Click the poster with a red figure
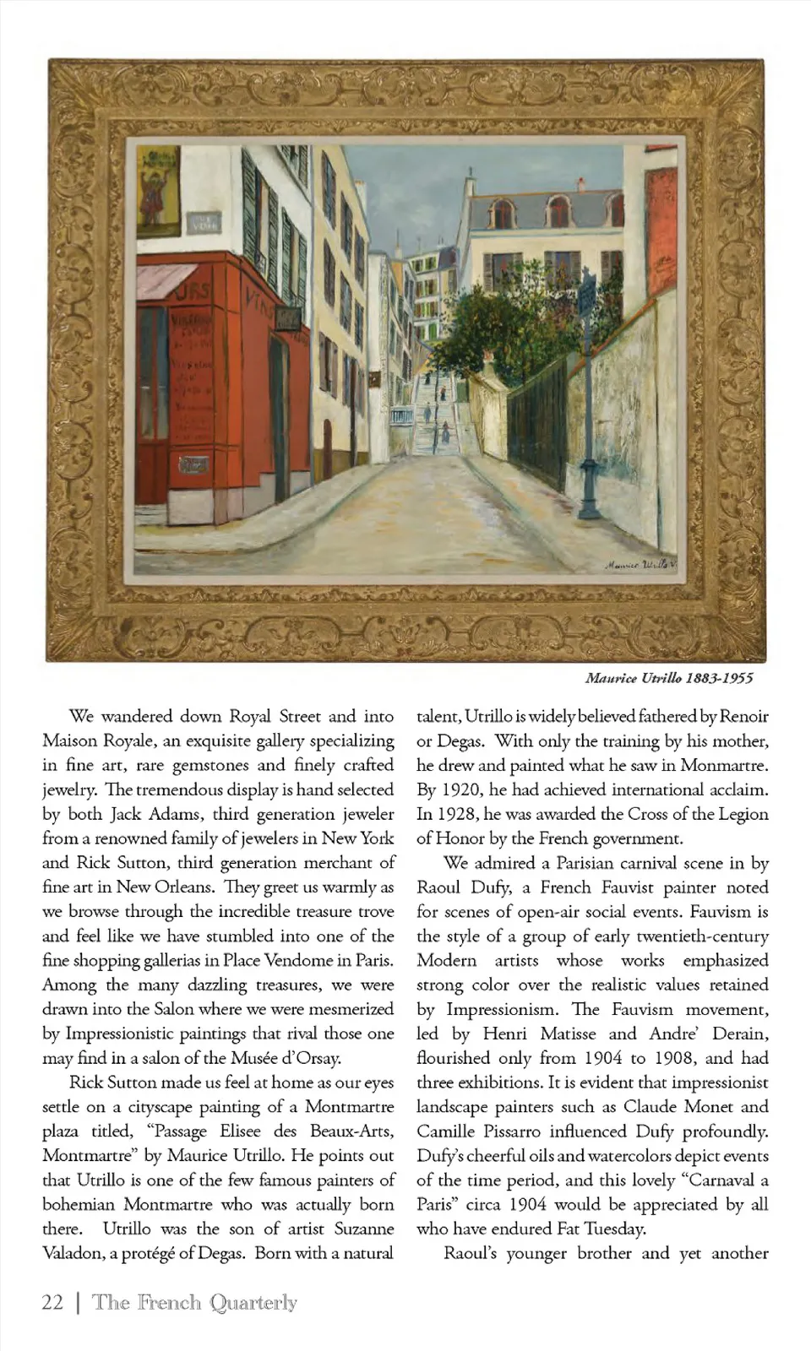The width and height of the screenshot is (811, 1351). (158, 190)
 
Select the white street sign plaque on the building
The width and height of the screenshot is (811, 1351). (204, 223)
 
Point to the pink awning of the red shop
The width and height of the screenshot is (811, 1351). (165, 281)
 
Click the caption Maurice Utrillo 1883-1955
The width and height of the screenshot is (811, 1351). (668, 678)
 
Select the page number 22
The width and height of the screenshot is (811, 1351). (52, 1302)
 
